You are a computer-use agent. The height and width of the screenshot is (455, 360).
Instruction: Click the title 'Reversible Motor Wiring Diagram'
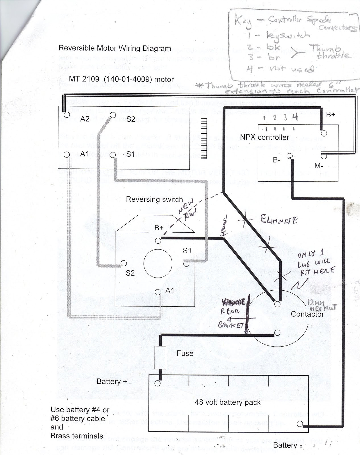(x=115, y=48)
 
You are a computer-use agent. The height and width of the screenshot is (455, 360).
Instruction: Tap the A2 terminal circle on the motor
(x=67, y=115)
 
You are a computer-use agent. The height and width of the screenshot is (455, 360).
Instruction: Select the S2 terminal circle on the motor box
(x=113, y=115)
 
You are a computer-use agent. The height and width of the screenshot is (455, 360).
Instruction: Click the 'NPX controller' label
(x=264, y=137)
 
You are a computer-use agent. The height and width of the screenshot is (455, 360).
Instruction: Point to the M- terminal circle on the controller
(x=324, y=156)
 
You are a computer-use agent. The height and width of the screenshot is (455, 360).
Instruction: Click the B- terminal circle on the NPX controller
(x=289, y=156)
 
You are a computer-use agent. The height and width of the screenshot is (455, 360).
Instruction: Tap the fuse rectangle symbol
(x=160, y=357)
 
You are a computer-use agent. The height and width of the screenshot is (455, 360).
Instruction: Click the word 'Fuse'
(x=185, y=353)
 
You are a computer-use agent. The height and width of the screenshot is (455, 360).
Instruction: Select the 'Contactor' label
(x=307, y=314)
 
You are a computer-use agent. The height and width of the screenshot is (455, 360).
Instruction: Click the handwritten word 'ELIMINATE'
(x=279, y=220)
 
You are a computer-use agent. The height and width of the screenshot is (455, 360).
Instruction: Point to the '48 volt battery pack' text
(x=227, y=402)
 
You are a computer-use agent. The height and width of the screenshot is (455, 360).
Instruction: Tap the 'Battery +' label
(x=112, y=381)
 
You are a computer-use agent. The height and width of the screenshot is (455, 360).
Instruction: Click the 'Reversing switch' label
(x=154, y=199)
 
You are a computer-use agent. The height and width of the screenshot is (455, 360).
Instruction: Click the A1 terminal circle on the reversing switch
(x=158, y=292)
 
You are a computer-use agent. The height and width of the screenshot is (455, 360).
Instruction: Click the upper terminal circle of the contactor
(x=277, y=304)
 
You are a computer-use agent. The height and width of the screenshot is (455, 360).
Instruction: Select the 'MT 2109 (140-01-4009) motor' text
(x=121, y=79)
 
